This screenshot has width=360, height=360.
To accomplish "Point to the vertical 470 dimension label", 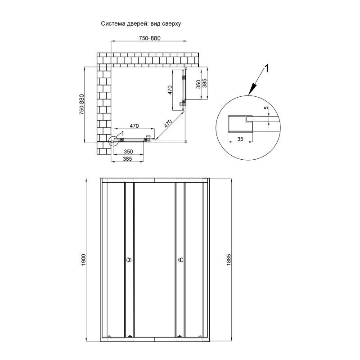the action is pyautogui.click(x=170, y=90).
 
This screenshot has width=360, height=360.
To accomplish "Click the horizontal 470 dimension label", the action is pyautogui.click(x=134, y=126).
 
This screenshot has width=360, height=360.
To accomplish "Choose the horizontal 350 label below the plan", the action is pyautogui.click(x=128, y=152).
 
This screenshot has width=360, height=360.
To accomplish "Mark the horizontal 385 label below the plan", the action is pyautogui.click(x=127, y=159).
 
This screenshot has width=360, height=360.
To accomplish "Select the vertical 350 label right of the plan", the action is pyautogui.click(x=198, y=84).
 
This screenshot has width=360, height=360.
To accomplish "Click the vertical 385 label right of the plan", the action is pyautogui.click(x=205, y=83).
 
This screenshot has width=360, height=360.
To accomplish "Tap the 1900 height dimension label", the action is pyautogui.click(x=83, y=260).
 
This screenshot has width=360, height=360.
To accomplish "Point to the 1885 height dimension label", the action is pyautogui.click(x=229, y=260).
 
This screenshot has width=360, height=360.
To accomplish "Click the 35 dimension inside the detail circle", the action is pyautogui.click(x=240, y=139).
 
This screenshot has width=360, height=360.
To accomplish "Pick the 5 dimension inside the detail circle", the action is pyautogui.click(x=266, y=108).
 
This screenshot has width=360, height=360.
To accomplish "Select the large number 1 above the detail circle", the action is pyautogui.click(x=266, y=69).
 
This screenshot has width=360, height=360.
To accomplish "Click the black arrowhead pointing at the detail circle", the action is pyautogui.click(x=252, y=90).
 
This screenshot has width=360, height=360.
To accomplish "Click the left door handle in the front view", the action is pyautogui.click(x=129, y=260).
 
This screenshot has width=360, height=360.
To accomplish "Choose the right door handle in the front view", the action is pyautogui.click(x=181, y=260).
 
